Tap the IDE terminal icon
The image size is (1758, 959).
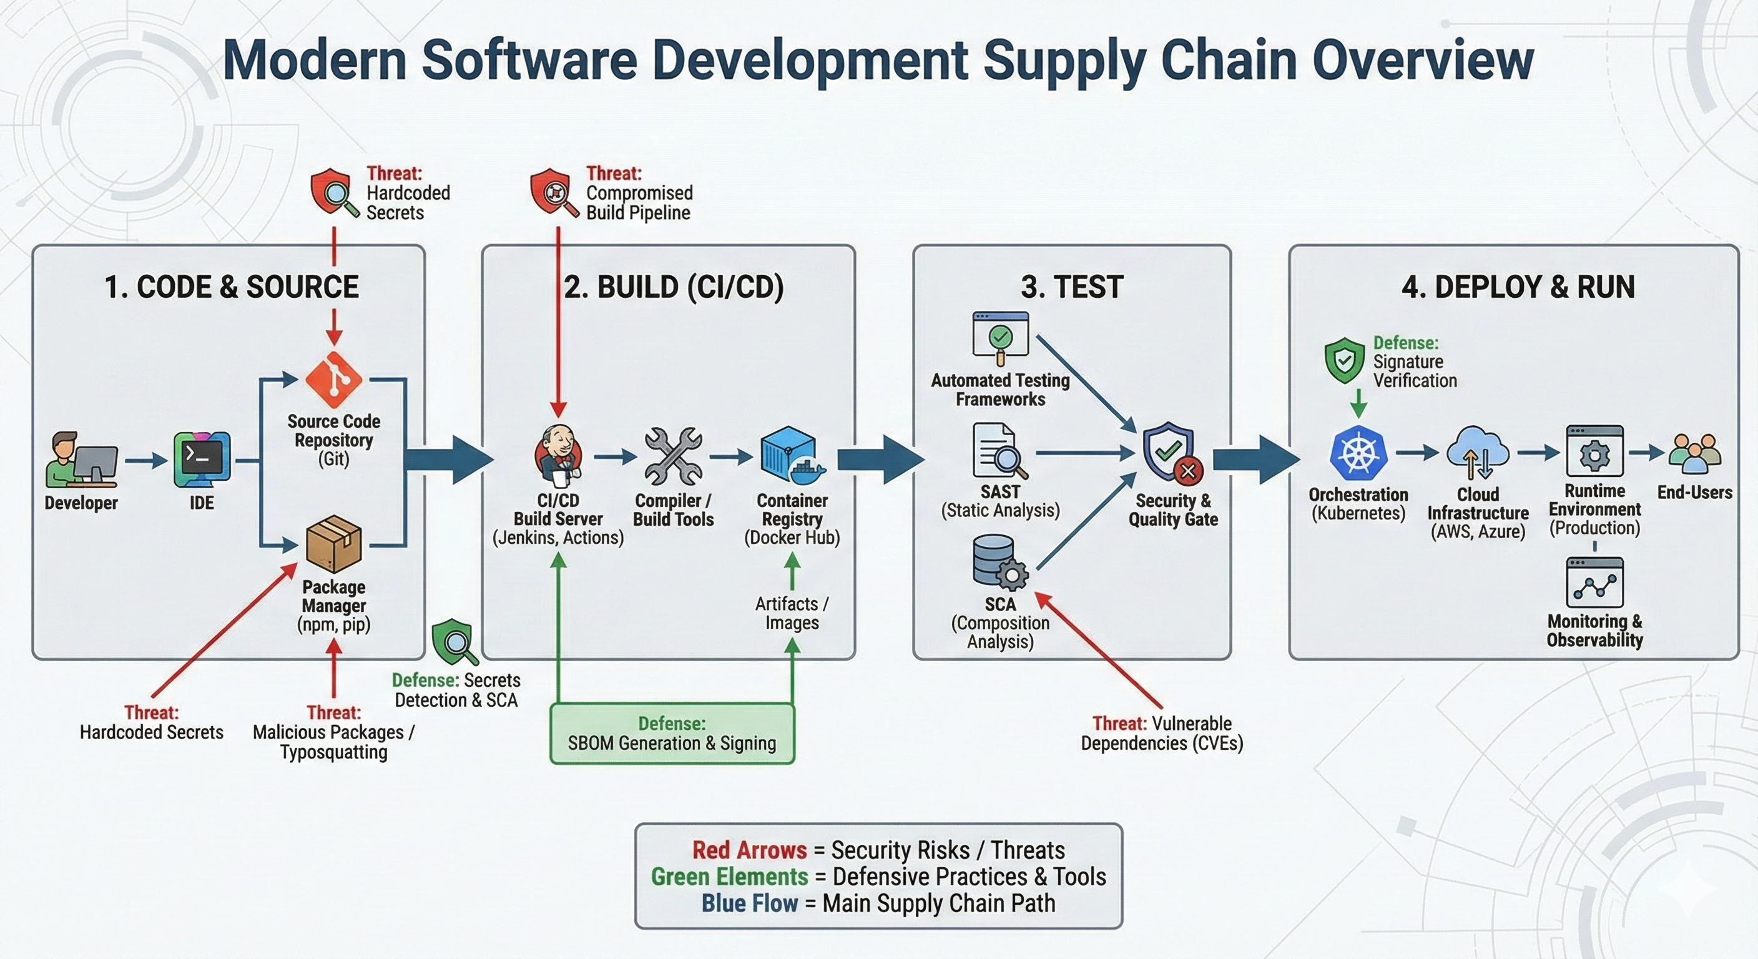point(202,460)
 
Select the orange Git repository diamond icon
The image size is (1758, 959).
point(334,380)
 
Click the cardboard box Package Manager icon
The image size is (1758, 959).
point(334,544)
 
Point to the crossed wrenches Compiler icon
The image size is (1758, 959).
point(673,456)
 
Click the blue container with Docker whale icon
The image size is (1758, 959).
point(792,455)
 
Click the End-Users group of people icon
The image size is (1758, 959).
point(1694,454)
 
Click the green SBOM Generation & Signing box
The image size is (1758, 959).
point(672,734)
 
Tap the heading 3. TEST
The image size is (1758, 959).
point(1071,287)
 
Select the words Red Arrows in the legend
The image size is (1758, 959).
point(749,850)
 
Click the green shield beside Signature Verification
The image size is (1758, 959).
point(1343,360)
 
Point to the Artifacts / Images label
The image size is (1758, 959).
point(792,613)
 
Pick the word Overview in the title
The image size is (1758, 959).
point(1423,60)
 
